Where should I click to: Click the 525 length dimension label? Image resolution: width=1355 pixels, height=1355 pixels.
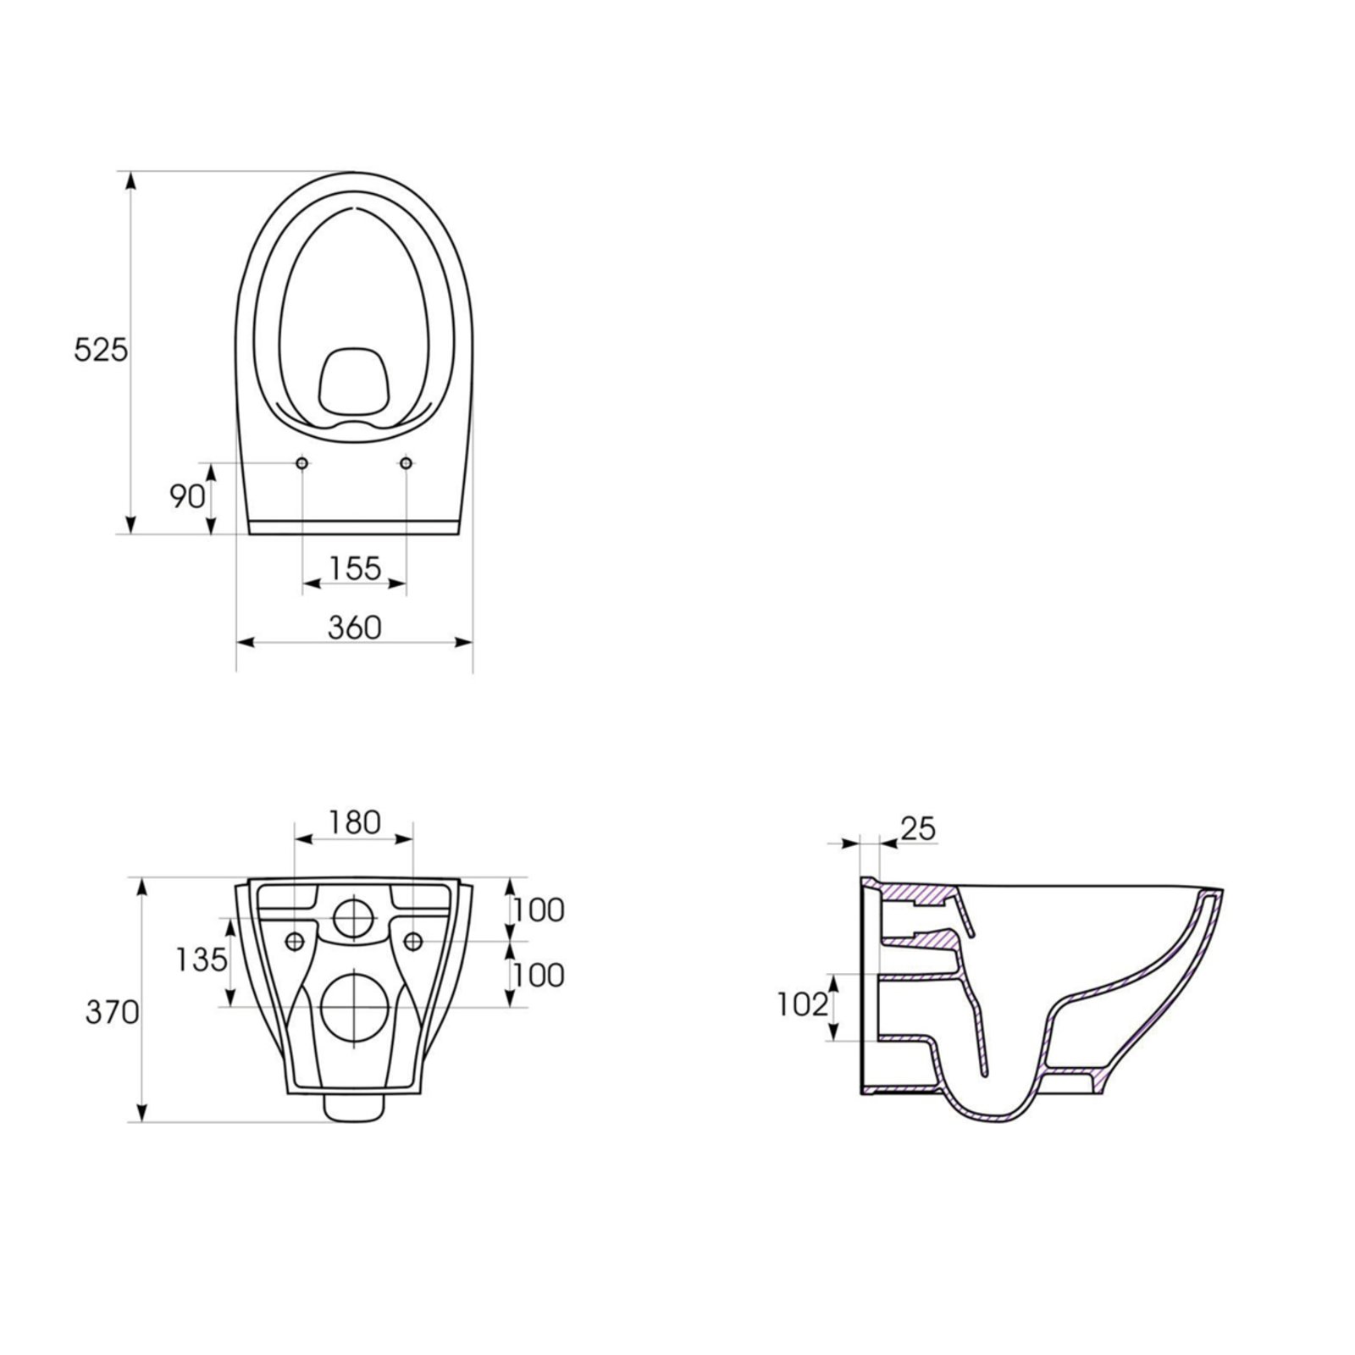101,350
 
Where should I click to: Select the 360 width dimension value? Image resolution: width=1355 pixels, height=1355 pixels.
355,628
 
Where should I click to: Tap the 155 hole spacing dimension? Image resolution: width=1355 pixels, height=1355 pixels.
355,568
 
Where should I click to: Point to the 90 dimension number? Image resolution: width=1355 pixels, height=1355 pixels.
188,497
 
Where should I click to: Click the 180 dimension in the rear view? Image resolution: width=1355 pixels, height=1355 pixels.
354,822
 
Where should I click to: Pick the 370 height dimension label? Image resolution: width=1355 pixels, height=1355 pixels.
112,1012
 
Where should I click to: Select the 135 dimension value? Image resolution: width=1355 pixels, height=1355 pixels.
202,960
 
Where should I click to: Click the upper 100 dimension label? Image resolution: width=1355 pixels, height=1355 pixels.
539,910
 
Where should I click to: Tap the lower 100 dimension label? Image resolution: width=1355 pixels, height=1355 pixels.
539,975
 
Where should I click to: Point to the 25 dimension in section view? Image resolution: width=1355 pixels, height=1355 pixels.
918,829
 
